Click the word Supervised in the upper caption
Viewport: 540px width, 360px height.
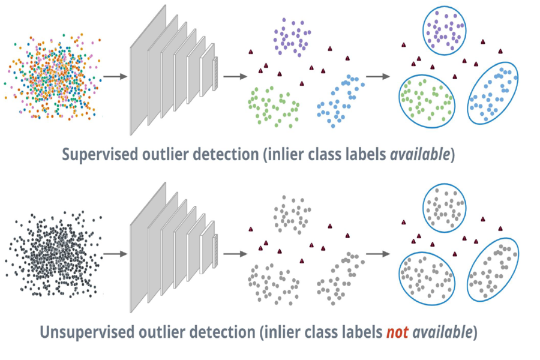[100, 155]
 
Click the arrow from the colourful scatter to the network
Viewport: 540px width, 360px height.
[115, 77]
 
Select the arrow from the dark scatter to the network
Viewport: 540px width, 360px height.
[115, 254]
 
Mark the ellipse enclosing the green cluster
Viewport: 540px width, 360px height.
[427, 100]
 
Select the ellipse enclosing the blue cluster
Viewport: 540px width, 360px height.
[491, 93]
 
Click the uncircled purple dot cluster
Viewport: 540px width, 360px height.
[293, 36]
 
